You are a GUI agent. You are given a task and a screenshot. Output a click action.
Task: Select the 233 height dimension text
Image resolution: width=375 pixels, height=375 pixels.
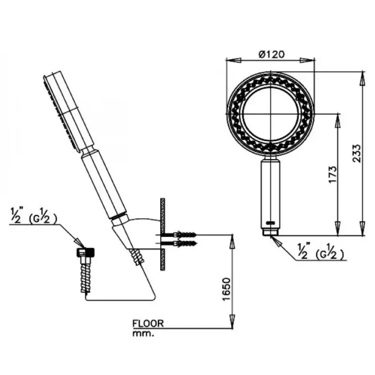coord(357,154)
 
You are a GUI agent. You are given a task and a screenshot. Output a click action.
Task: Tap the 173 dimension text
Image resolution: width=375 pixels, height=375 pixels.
coord(332,174)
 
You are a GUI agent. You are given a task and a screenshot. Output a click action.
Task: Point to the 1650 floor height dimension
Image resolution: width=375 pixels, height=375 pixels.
coord(226,289)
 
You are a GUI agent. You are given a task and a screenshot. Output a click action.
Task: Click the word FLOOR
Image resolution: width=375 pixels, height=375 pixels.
coord(148,323)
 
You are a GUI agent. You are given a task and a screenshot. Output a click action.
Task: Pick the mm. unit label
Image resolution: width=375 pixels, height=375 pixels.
coord(143,333)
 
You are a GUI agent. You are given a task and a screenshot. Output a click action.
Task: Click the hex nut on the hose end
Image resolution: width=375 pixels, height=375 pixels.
coord(85,252)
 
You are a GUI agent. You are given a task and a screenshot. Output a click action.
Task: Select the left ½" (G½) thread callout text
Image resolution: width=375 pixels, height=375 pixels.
coord(34,216)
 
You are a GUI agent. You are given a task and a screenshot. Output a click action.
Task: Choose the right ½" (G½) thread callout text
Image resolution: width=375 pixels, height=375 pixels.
coord(321,251)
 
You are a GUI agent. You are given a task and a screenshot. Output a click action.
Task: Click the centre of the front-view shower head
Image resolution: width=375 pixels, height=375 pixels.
coord(270,113)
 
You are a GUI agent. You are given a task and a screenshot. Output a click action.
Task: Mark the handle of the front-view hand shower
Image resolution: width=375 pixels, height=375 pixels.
coord(270,193)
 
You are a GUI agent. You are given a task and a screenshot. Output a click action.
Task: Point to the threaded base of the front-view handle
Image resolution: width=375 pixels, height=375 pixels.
coord(270,232)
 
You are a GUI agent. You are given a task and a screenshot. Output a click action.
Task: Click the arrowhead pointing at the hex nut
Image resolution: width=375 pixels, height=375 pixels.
coord(80,243)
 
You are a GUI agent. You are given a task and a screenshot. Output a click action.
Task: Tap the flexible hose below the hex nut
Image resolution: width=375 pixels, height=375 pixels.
coord(86,275)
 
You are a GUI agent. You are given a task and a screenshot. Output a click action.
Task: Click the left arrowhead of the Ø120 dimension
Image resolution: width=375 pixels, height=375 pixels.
coord(233,60)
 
